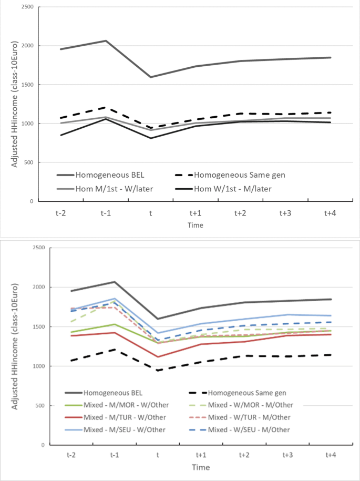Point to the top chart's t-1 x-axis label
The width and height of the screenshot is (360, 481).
[x=106, y=213]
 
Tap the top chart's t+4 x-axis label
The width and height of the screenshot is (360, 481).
[x=331, y=213]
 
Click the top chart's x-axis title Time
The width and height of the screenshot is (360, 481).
[x=196, y=225]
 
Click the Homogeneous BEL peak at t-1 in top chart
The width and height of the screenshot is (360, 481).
[x=106, y=40]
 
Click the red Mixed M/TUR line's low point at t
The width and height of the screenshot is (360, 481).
[x=158, y=357]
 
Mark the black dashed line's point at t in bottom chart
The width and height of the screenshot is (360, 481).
[x=158, y=370]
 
